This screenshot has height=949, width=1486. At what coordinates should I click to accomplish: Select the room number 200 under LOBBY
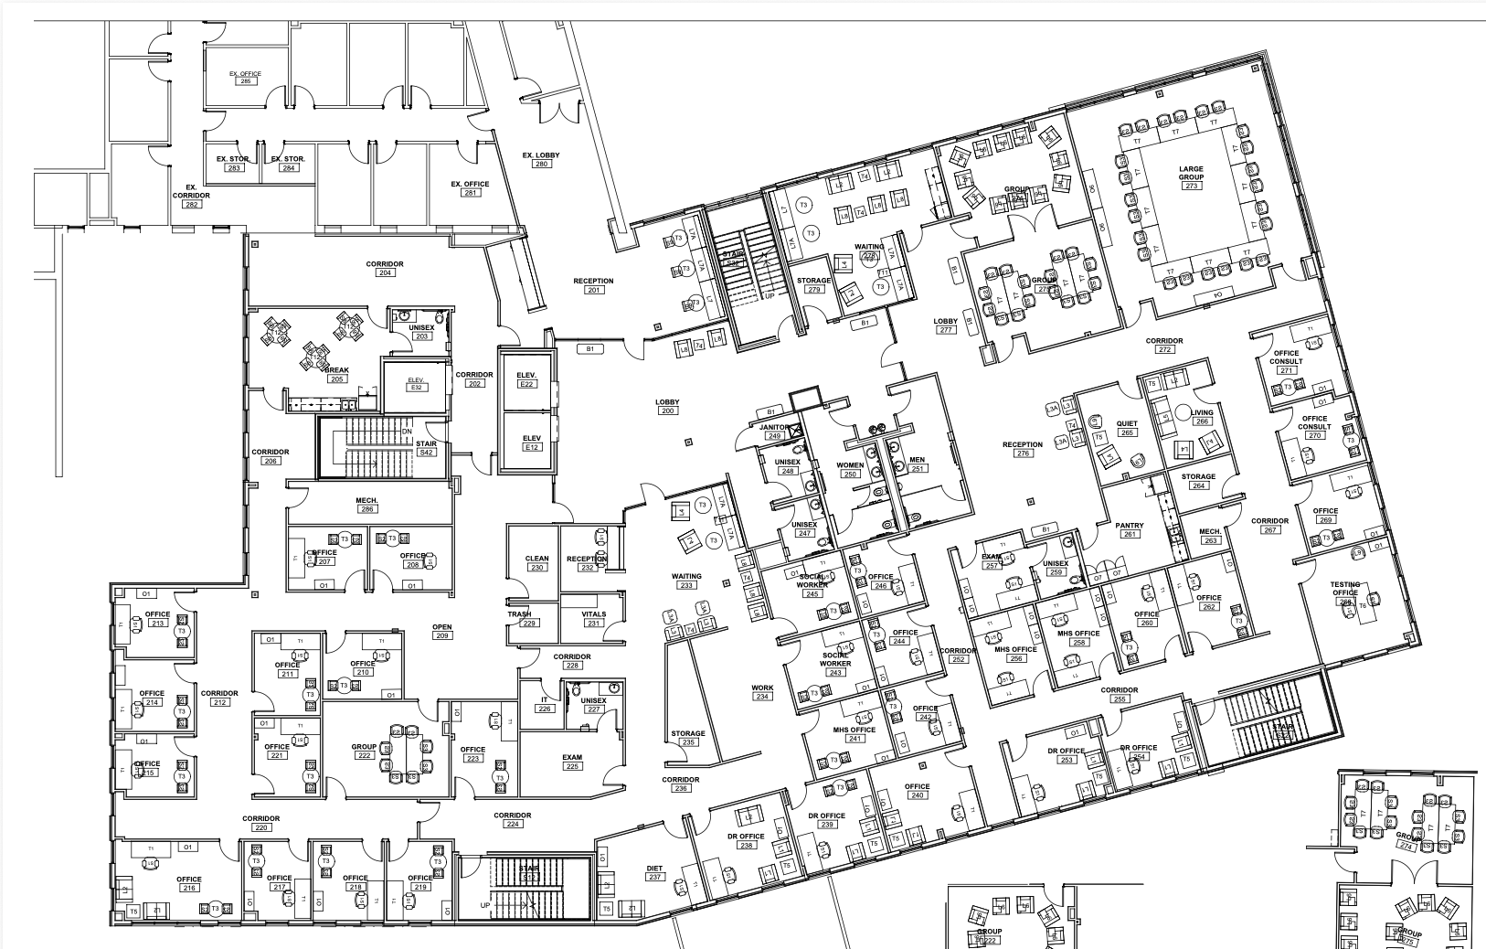(x=666, y=411)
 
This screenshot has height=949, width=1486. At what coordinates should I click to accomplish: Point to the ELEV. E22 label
(x=526, y=379)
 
